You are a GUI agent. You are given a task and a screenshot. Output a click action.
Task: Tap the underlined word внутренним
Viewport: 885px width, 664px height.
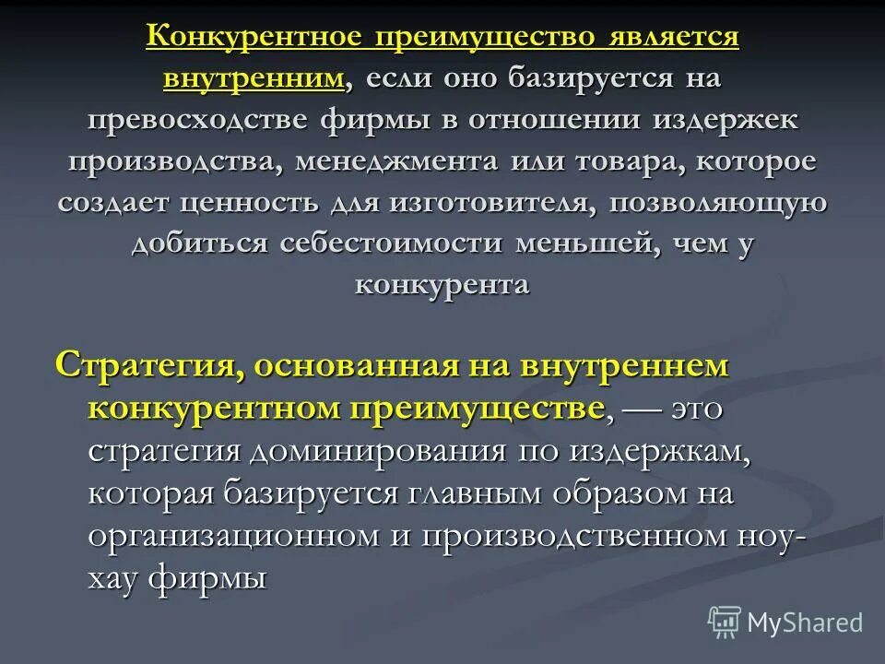(255, 78)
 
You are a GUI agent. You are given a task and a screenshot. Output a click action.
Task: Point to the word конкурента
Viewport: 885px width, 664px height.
(442, 284)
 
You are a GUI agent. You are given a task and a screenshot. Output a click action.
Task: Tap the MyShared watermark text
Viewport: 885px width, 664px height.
(805, 622)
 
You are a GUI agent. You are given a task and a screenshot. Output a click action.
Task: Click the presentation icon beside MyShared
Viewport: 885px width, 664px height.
(725, 622)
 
